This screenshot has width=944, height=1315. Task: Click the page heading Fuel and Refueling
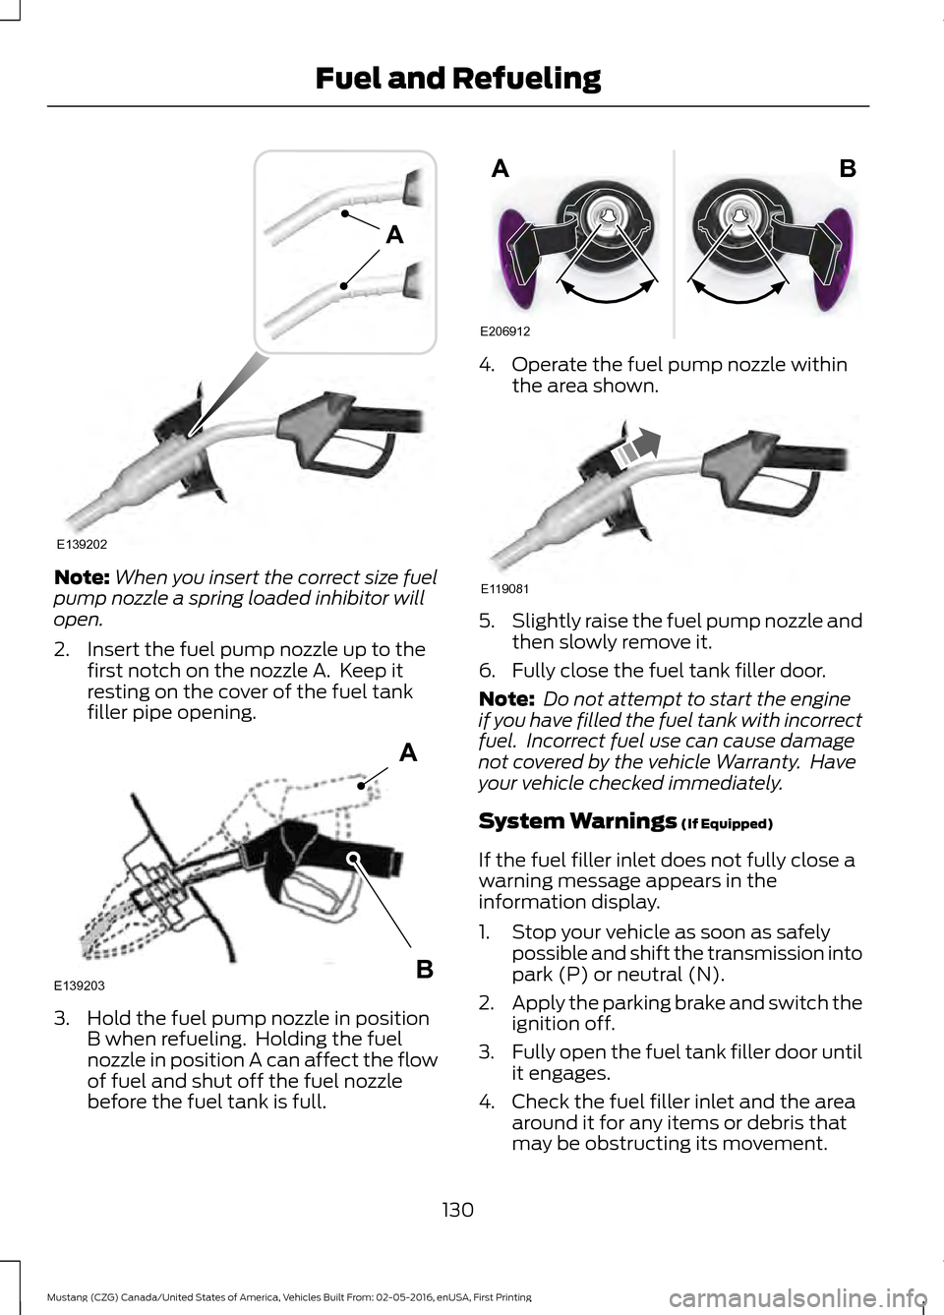click(458, 78)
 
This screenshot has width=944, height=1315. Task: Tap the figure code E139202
click(82, 544)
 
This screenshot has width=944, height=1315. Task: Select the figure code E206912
click(504, 331)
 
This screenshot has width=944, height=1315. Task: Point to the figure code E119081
click(504, 588)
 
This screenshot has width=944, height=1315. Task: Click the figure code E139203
click(80, 986)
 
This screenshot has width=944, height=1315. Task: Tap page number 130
click(457, 1210)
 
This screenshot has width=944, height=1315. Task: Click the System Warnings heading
click(577, 820)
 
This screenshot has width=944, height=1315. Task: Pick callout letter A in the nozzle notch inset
click(394, 235)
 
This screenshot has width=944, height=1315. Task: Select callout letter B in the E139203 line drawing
click(425, 969)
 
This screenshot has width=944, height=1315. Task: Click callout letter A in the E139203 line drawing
click(409, 752)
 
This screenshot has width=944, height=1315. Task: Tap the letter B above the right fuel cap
click(848, 168)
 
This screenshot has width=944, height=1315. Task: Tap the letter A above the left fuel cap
click(501, 168)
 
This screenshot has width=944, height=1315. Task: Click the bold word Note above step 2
click(82, 577)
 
